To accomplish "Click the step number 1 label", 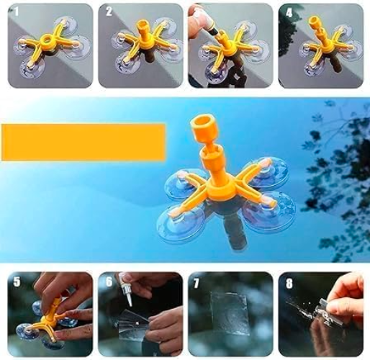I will (16, 11).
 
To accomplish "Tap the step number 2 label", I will (107, 12).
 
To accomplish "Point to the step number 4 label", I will (288, 12).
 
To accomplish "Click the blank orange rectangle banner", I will (84, 142).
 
